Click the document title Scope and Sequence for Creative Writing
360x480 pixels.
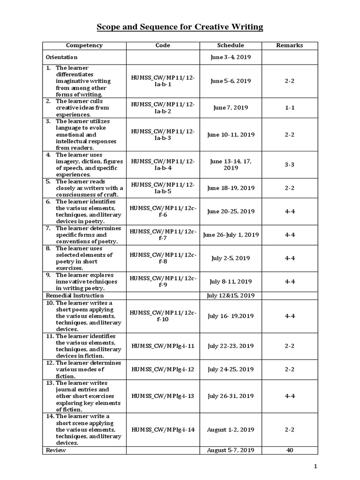pos(180,28)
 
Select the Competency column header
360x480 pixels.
pos(84,45)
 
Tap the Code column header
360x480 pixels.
pos(163,45)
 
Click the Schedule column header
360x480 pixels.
pos(231,45)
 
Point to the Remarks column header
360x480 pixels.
pos(289,45)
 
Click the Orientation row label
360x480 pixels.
pos(61,57)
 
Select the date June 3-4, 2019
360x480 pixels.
pos(231,57)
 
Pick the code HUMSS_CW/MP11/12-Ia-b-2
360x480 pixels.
pos(163,108)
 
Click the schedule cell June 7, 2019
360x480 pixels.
pos(231,108)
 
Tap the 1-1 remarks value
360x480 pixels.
pos(289,108)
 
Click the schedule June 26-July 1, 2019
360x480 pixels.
pos(231,235)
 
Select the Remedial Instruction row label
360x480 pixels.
pos(75,296)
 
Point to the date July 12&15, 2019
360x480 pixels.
pos(231,296)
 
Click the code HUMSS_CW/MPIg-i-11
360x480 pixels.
pos(163,346)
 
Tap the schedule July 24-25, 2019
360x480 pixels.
pos(231,369)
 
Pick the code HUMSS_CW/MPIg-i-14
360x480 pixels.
pos(163,429)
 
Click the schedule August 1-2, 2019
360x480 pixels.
pos(231,429)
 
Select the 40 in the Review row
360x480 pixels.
pos(289,450)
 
